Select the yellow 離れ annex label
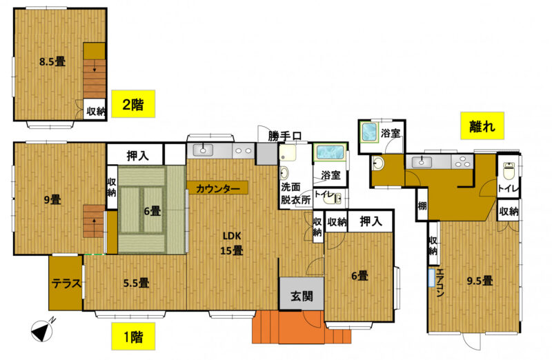pos(482,127)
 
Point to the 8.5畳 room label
pos(52,61)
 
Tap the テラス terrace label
pos(66,283)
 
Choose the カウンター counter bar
pos(217,188)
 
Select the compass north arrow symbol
pos(43,331)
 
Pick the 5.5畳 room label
pos(136,282)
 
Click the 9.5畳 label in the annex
pos(479,281)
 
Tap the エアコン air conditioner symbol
pos(431,277)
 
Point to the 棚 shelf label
pos(421,206)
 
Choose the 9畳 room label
pos(52,200)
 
